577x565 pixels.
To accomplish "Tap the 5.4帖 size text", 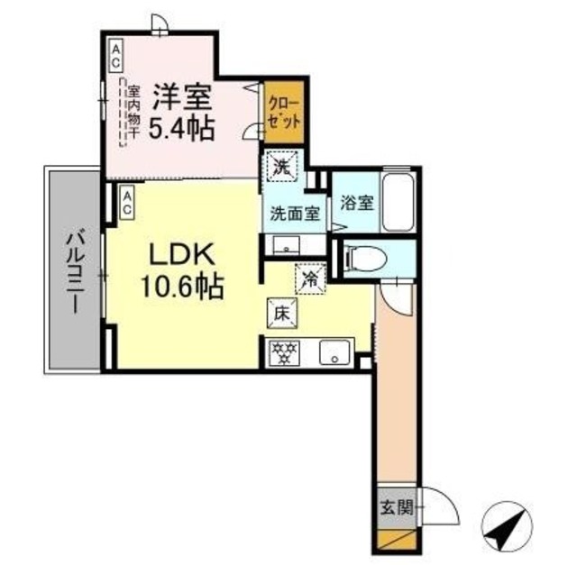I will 182,128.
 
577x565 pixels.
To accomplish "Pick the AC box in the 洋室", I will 116,56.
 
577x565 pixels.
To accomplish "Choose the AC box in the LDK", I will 127,203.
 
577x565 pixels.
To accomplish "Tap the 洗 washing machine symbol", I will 281,167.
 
